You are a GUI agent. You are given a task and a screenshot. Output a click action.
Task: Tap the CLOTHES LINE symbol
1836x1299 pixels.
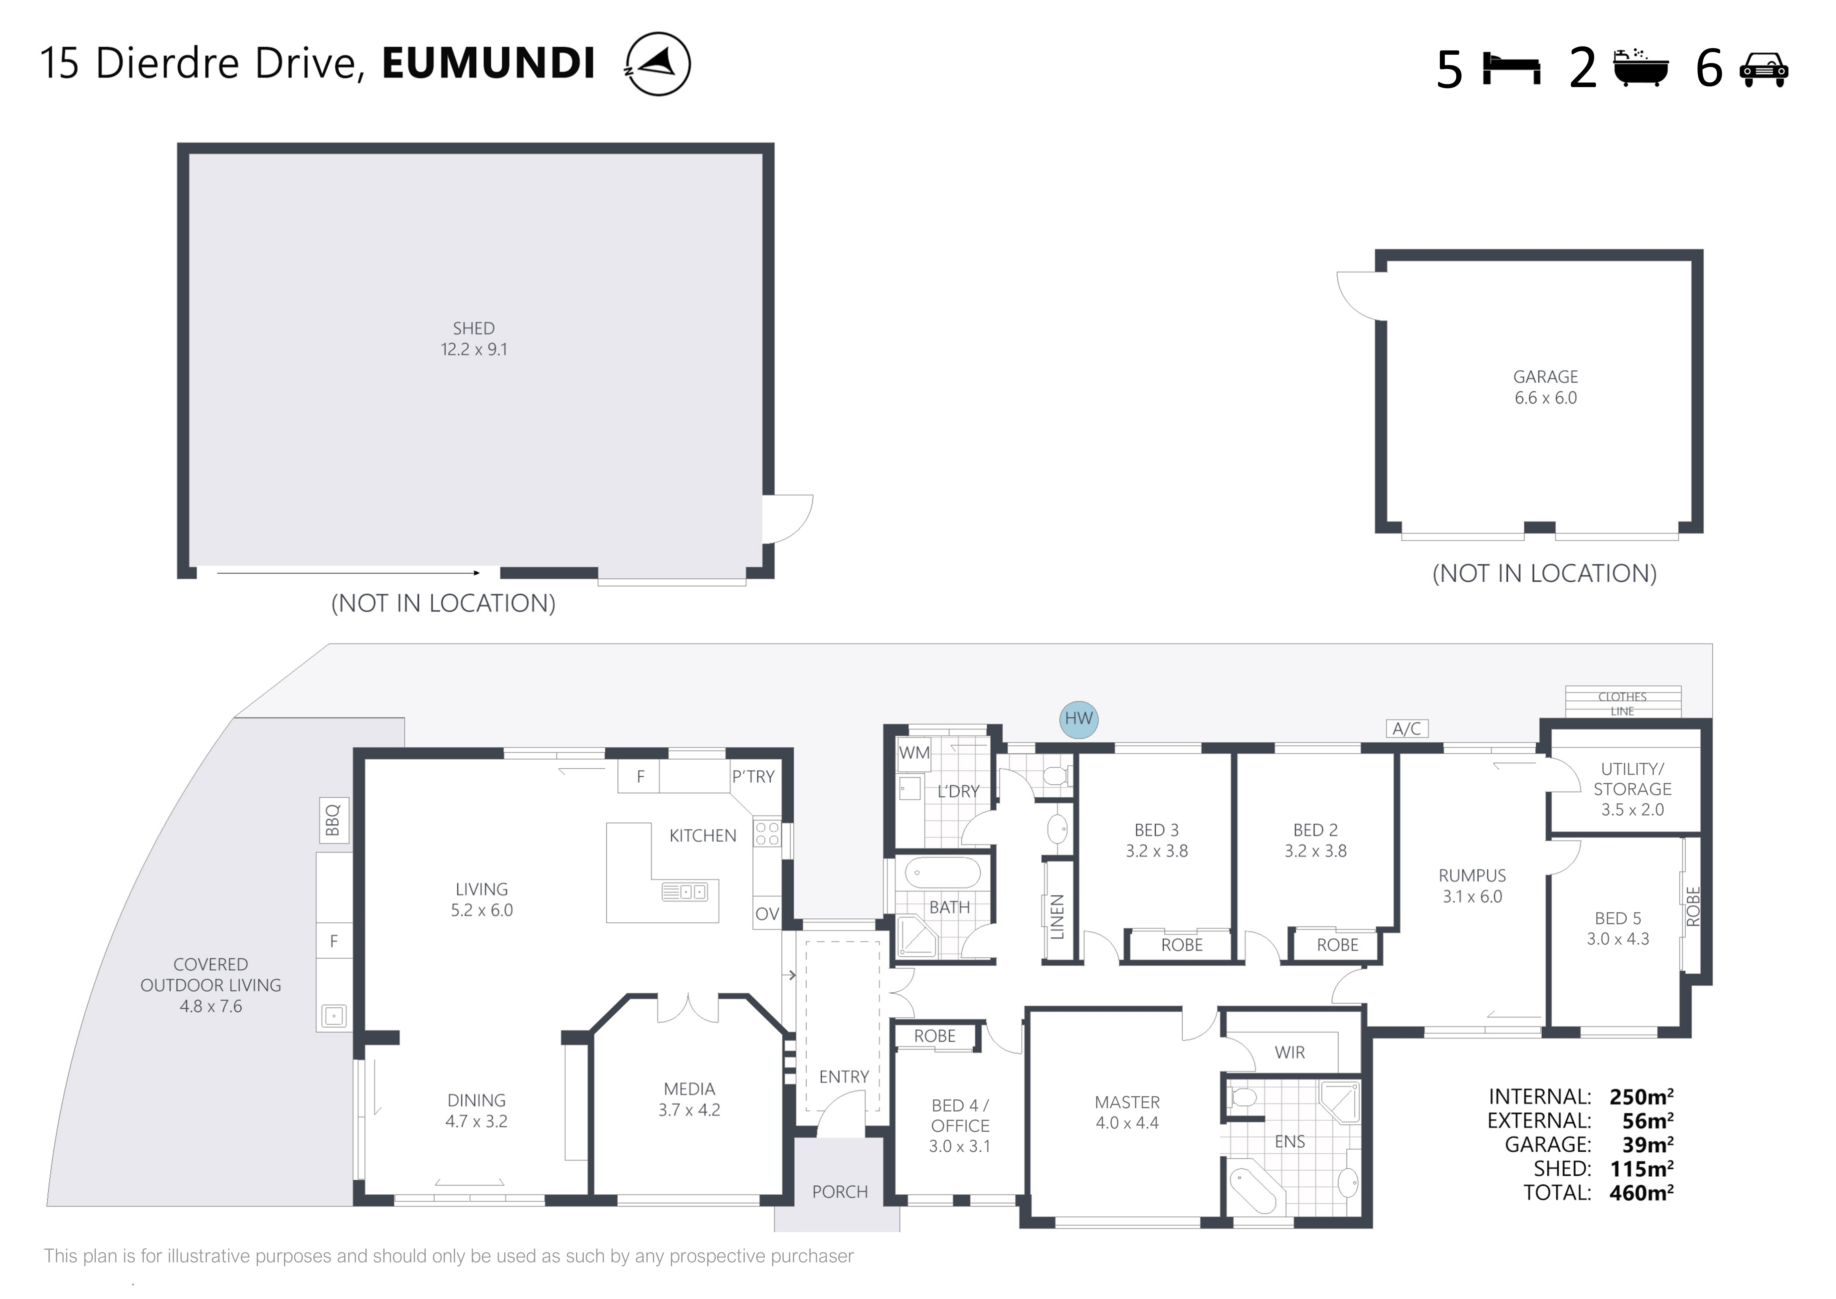[x=1622, y=701]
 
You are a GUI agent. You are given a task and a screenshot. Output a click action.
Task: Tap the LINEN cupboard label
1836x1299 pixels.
[x=1057, y=917]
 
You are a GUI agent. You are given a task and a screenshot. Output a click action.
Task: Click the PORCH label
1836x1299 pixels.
[x=840, y=1192]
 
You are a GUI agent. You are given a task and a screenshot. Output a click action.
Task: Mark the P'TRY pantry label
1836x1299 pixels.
[x=753, y=777]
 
